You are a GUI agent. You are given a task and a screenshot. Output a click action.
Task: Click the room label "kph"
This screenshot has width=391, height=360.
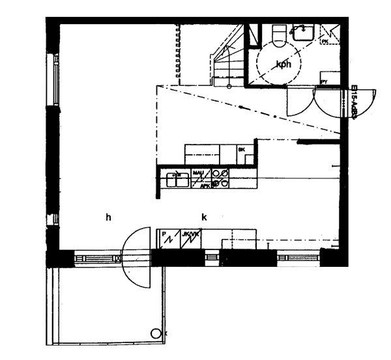pyautogui.click(x=283, y=64)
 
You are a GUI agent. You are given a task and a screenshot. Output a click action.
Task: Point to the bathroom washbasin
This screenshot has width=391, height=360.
pyautogui.click(x=303, y=31)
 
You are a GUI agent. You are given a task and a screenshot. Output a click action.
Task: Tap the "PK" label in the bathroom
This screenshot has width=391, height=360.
pyautogui.click(x=325, y=41)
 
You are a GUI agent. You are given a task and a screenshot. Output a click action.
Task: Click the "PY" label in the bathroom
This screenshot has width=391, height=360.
pyautogui.click(x=324, y=81)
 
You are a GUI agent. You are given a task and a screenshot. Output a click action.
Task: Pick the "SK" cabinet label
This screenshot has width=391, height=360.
pyautogui.click(x=241, y=150)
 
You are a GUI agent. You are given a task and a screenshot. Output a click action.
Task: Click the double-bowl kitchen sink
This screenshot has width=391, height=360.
pyautogui.click(x=177, y=177)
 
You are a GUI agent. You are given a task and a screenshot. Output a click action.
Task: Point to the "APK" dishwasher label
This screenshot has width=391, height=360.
pyautogui.click(x=205, y=185)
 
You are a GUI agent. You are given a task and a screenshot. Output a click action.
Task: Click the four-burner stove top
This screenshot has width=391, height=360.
pyautogui.click(x=220, y=178)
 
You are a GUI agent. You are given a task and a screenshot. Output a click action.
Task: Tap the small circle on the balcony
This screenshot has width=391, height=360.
pyautogui.click(x=156, y=333)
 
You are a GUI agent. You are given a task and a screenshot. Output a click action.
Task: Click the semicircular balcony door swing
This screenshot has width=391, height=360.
pyautogui.click(x=138, y=258)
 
